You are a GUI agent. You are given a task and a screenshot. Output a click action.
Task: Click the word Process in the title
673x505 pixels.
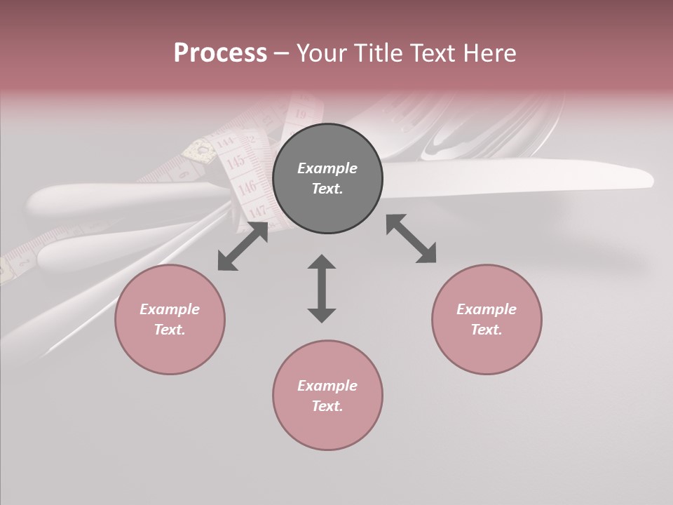[220, 53]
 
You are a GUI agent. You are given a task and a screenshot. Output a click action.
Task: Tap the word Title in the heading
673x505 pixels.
[376, 53]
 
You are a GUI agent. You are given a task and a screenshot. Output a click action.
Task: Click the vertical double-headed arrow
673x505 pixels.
[322, 288]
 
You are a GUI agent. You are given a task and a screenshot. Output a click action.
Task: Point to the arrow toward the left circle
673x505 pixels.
[243, 246]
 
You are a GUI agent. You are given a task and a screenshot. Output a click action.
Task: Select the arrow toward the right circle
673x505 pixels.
[411, 238]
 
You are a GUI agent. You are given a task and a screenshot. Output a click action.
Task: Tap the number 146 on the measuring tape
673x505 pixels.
[247, 187]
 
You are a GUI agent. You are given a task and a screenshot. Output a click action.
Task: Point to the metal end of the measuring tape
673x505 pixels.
[200, 149]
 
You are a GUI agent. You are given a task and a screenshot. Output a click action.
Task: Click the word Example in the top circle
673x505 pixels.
[327, 168]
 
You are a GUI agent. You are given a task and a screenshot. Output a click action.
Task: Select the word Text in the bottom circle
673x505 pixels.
[327, 406]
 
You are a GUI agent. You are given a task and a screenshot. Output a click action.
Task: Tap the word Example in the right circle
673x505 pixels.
[487, 309]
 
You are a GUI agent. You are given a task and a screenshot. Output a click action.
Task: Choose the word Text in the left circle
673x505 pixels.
[170, 330]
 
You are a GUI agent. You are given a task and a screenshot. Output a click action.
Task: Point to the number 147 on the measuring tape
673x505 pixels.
[257, 210]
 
